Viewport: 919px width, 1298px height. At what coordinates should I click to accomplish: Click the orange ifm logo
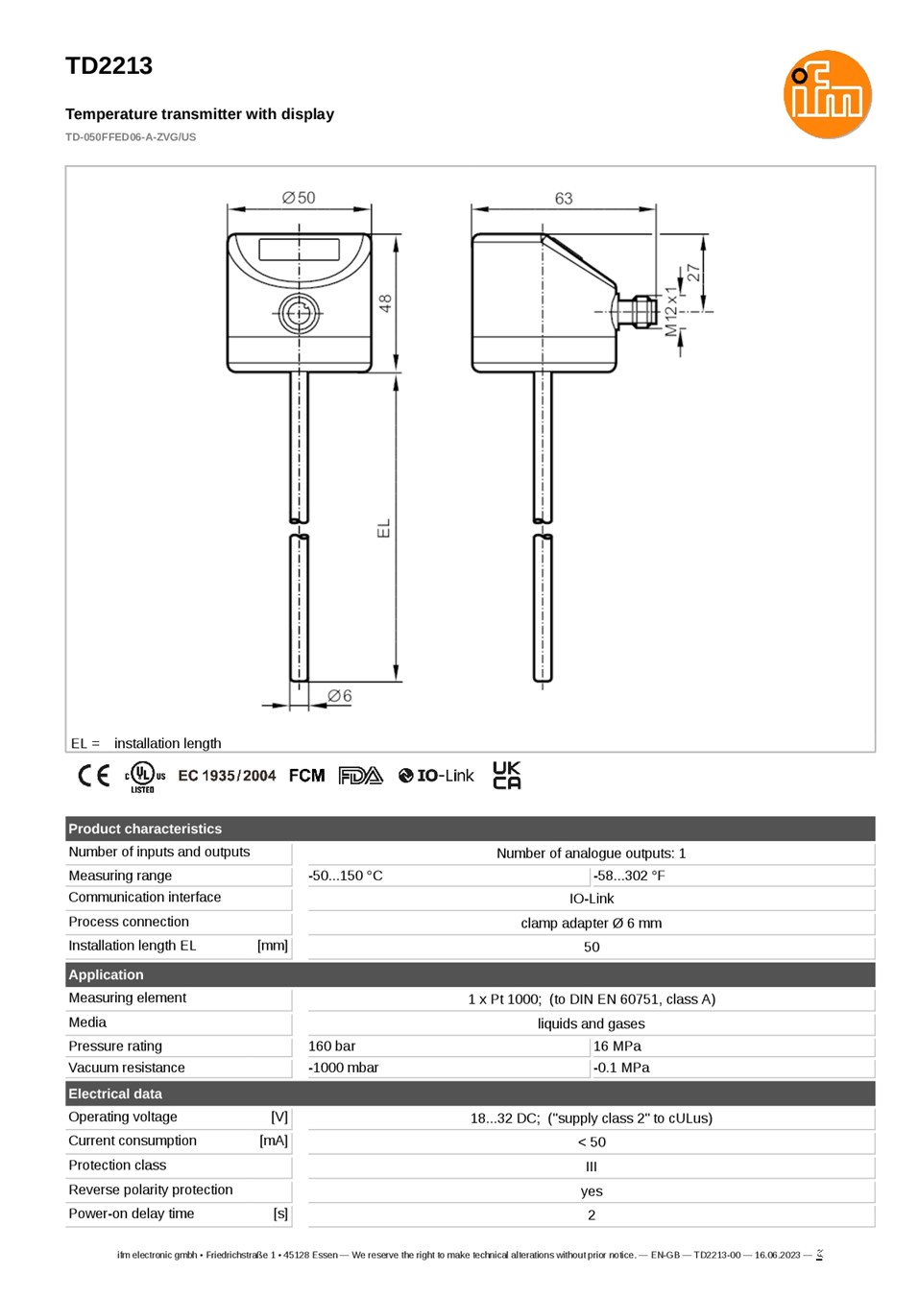coord(827,94)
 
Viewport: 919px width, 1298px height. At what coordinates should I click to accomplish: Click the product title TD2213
coord(109,66)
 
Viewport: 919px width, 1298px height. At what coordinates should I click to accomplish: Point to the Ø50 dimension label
coord(299,198)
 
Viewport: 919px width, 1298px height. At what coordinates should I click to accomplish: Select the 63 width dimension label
coord(564,198)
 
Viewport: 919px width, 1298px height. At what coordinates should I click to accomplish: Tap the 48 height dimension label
coord(385,303)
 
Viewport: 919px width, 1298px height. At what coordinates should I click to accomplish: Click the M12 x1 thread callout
coord(671,311)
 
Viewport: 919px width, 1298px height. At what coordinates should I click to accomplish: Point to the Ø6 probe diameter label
coord(340,695)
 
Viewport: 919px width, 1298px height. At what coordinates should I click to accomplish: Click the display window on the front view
coord(299,250)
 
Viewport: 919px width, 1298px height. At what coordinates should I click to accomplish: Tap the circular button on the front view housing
coord(299,313)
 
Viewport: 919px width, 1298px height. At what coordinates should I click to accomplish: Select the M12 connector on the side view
coord(639,312)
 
